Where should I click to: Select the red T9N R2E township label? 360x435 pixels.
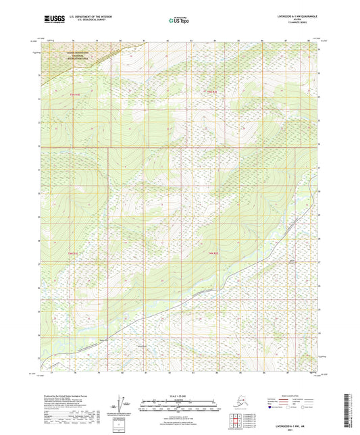pyautogui.click(x=212, y=91)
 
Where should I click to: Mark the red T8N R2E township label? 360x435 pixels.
pyautogui.click(x=211, y=253)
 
